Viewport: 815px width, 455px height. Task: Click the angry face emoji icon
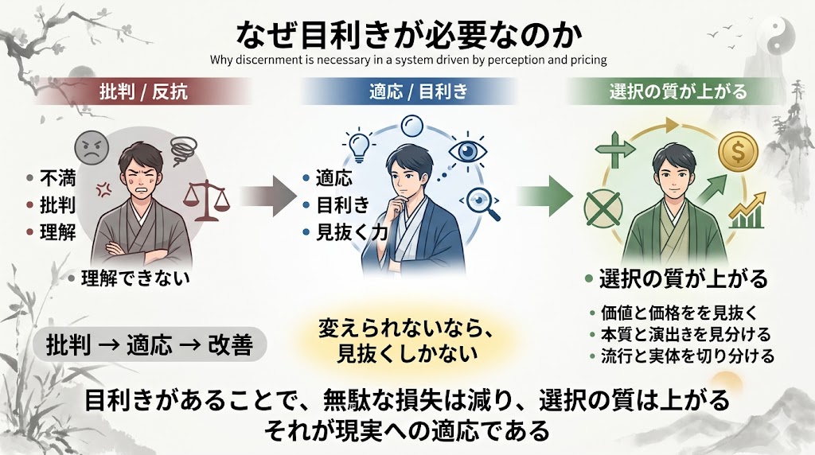(91, 148)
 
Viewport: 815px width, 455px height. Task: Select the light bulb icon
(357, 145)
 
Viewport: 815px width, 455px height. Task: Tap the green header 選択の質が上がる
(678, 91)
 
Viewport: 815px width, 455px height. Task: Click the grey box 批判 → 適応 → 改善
(150, 347)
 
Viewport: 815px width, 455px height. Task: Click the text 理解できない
(136, 278)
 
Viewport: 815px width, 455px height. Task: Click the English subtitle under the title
(408, 59)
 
